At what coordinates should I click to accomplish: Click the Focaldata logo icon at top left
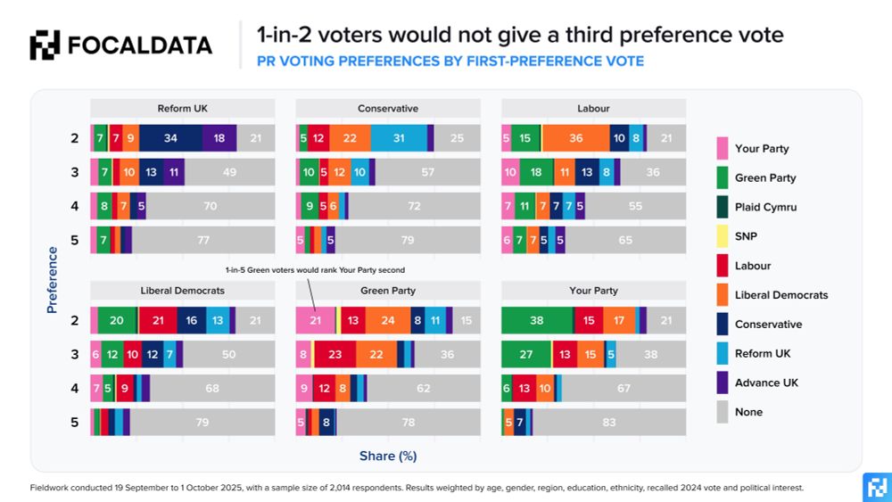[45, 45]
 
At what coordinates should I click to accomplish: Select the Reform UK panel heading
[183, 109]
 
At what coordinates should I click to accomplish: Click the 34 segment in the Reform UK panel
[170, 138]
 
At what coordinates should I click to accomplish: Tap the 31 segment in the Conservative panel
[399, 138]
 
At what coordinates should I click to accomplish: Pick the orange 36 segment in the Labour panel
[575, 138]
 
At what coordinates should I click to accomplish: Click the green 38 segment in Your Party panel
[537, 321]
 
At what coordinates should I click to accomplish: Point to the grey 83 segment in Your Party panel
[609, 423]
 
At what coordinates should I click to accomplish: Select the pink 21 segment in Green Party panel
[315, 321]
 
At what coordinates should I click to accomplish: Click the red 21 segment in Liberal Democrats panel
[158, 321]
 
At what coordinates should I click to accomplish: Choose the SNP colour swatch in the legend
[723, 236]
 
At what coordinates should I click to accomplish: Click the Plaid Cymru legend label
[765, 207]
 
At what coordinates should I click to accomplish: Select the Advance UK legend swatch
[723, 383]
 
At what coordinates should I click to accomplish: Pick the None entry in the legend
[748, 412]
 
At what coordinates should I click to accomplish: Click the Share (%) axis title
[388, 456]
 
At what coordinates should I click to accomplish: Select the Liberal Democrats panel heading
[183, 291]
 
